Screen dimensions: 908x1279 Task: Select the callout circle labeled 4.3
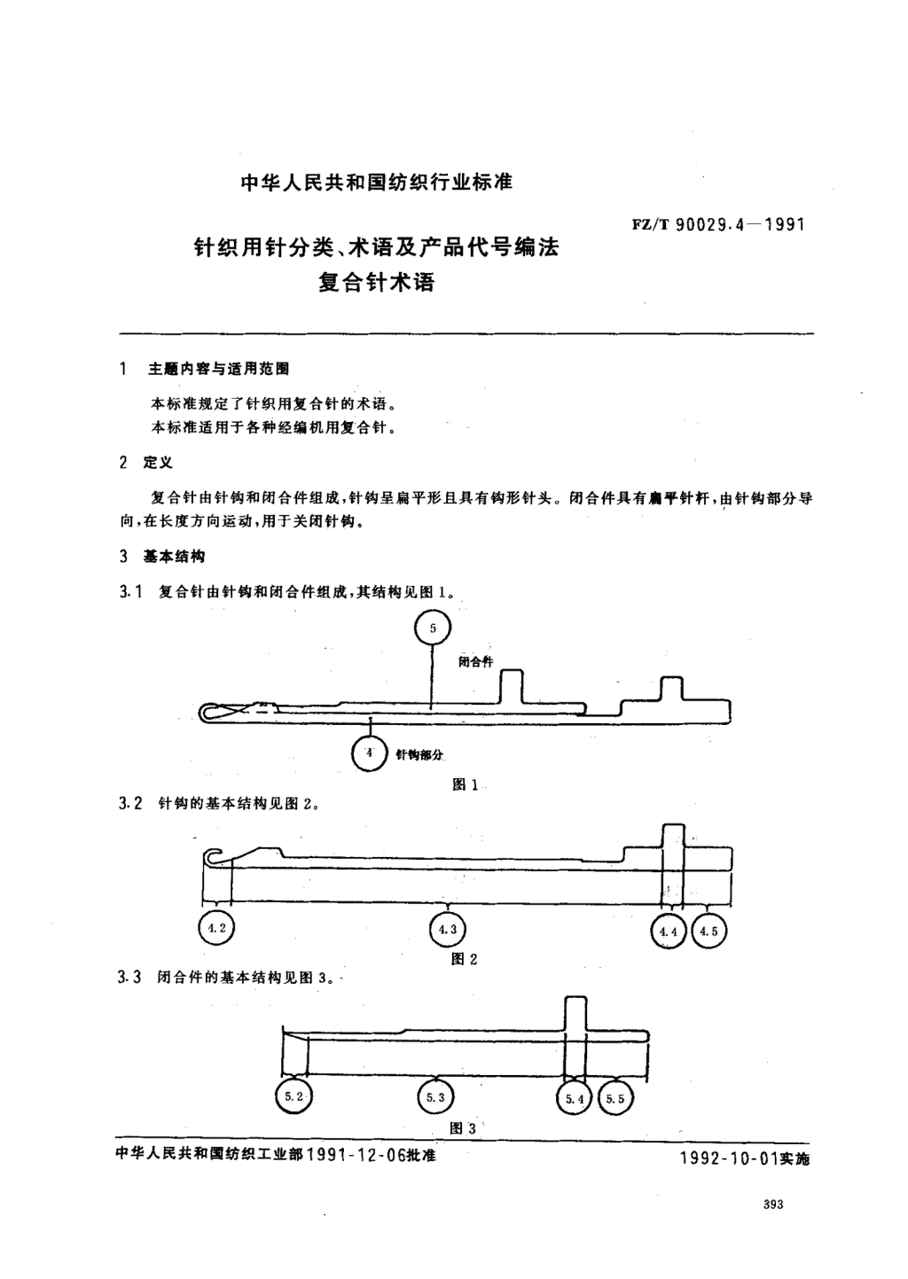pyautogui.click(x=447, y=914)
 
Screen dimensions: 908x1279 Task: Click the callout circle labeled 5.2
pyautogui.click(x=294, y=1080)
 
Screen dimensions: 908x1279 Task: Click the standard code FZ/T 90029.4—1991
pyautogui.click(x=718, y=224)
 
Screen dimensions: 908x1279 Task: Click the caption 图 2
pyautogui.click(x=465, y=959)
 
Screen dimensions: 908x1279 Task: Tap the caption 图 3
pyautogui.click(x=463, y=1128)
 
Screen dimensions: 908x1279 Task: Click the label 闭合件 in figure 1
pyautogui.click(x=475, y=662)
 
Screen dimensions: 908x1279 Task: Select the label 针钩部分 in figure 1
pyautogui.click(x=419, y=755)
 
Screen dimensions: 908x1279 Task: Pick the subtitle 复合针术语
pyautogui.click(x=376, y=283)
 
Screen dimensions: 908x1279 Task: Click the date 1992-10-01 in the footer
pyautogui.click(x=729, y=1158)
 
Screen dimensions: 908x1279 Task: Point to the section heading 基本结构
pyautogui.click(x=174, y=557)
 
